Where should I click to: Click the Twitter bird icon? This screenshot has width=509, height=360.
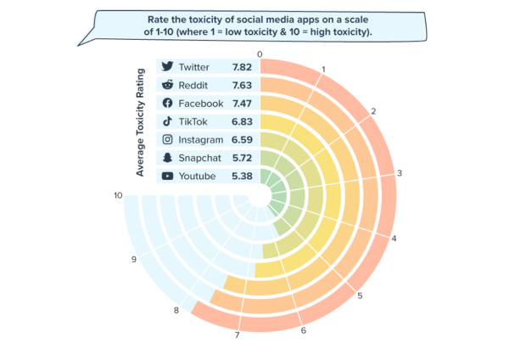click(x=167, y=66)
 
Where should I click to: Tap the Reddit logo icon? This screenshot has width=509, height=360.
click(x=167, y=85)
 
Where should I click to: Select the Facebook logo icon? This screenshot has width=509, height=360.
click(x=167, y=103)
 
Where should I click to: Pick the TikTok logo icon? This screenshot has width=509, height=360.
click(x=167, y=121)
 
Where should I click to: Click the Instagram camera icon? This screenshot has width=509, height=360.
click(x=167, y=139)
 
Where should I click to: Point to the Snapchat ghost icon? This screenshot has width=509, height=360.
click(x=167, y=157)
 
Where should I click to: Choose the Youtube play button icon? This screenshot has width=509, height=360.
click(x=167, y=176)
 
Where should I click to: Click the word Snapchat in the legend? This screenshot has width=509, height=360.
click(x=199, y=158)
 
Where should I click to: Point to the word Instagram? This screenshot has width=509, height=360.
click(x=201, y=139)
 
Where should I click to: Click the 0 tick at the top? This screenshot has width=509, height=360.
click(x=260, y=54)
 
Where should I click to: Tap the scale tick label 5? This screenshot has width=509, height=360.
click(x=361, y=296)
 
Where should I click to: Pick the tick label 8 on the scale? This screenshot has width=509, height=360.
click(x=176, y=311)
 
